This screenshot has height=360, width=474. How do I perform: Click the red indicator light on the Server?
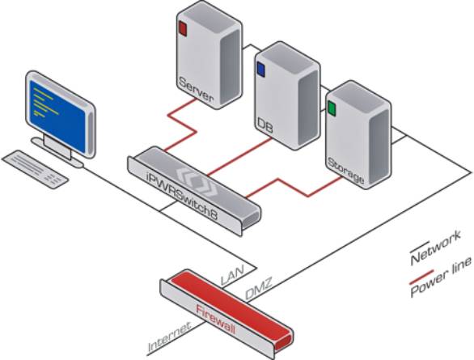[x=183, y=28]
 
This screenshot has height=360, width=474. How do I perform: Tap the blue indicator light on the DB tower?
[x=260, y=70]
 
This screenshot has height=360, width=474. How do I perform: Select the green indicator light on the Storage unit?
[x=332, y=108]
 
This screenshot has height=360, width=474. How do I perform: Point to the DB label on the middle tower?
[x=265, y=126]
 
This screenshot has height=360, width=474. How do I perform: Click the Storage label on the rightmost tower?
[x=346, y=171]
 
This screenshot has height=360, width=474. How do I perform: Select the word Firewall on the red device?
[x=215, y=320]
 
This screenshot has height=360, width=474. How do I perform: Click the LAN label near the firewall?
[x=232, y=275]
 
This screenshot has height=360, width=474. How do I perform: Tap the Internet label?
[x=170, y=337]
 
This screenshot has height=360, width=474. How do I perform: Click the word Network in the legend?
[x=436, y=247]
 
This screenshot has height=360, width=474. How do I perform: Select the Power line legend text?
[x=441, y=277]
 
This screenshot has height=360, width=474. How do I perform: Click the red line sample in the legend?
[x=421, y=277]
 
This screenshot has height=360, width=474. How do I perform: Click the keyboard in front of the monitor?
[x=35, y=169]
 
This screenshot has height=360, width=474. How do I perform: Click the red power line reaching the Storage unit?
[x=294, y=188]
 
